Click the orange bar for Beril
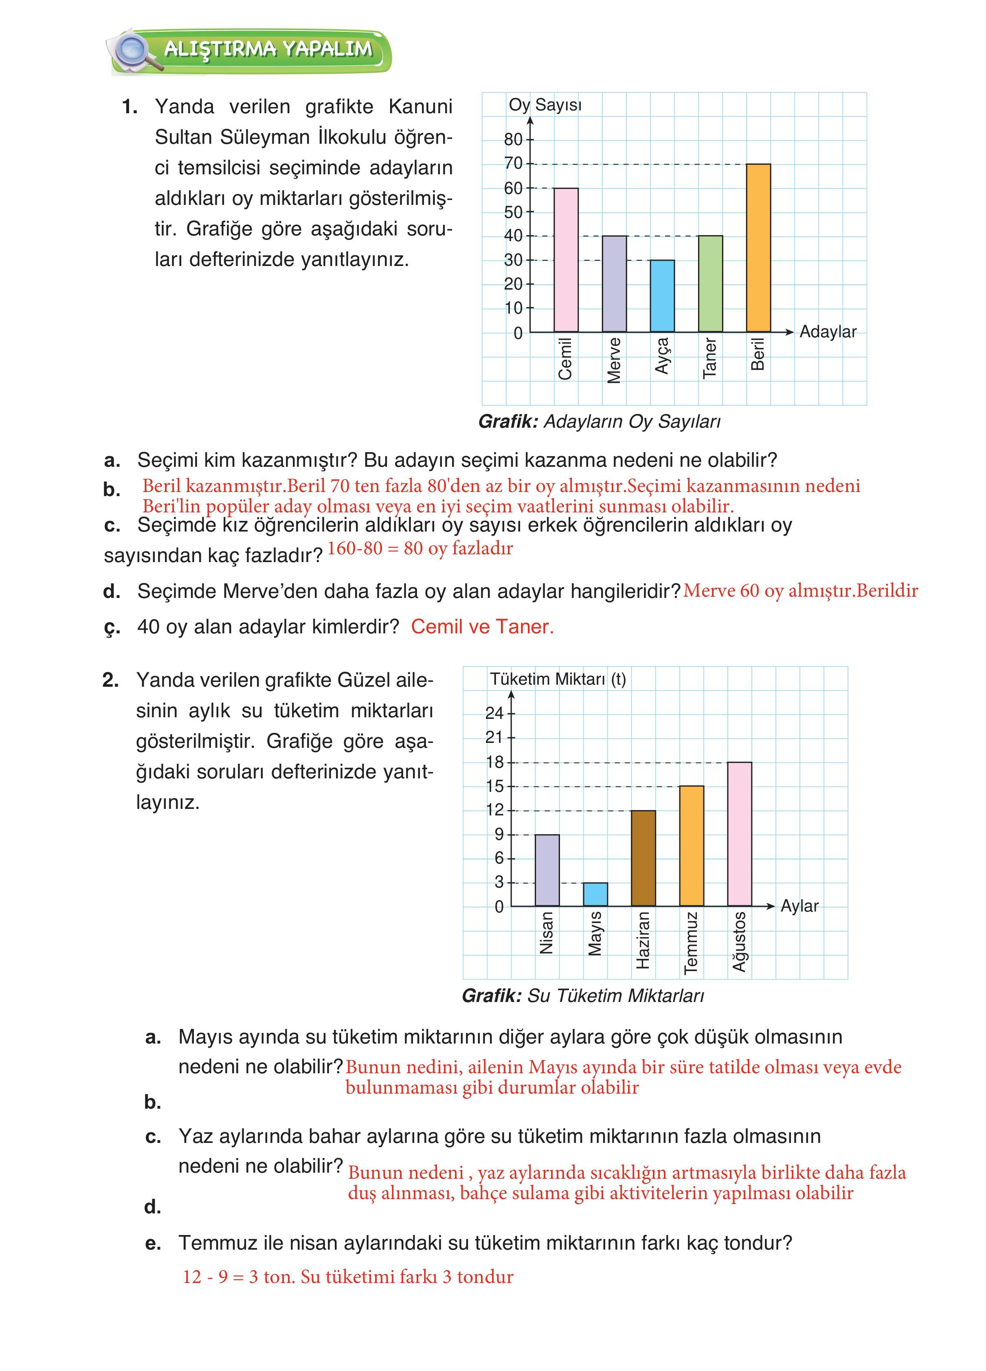click(x=758, y=248)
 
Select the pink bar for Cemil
click(x=566, y=260)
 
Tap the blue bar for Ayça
click(x=662, y=296)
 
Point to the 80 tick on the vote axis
click(x=514, y=140)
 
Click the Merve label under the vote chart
click(x=614, y=360)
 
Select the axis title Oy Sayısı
click(x=545, y=105)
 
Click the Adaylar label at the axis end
click(x=828, y=332)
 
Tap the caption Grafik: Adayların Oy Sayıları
click(x=599, y=421)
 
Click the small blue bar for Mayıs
click(x=595, y=894)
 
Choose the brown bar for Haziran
click(x=643, y=858)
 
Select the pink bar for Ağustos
click(x=739, y=834)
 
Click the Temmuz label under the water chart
click(x=691, y=943)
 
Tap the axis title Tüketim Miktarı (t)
click(x=558, y=679)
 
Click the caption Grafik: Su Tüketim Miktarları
click(x=583, y=995)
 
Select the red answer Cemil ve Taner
click(x=482, y=627)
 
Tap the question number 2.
click(x=111, y=680)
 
